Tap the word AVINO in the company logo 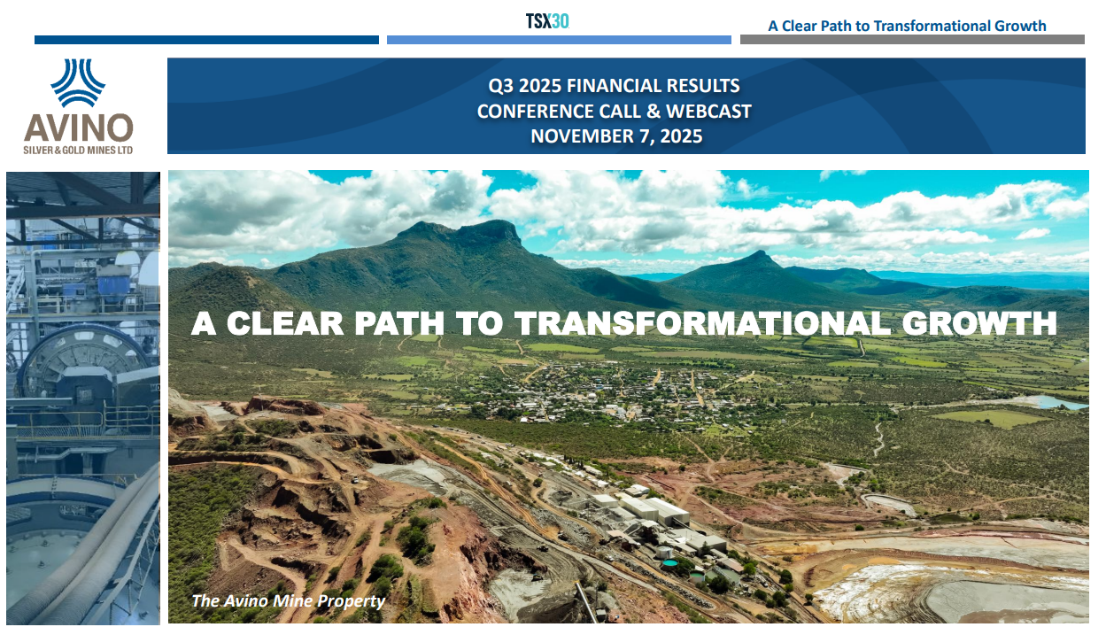pos(78,128)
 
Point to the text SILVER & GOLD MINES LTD pos(78,151)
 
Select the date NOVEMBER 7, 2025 pos(616,136)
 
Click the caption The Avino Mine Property pos(288,601)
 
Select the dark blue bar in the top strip pos(206,40)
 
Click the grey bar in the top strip pos(911,40)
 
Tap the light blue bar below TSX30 pos(559,40)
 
